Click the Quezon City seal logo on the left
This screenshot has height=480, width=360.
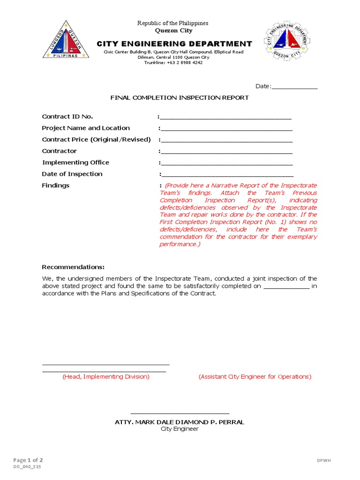pos(66,41)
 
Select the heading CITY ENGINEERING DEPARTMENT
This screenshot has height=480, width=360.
pos(174,44)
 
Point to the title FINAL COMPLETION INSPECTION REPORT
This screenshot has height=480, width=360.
pos(180,97)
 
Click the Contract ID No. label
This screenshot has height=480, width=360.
pos(67,117)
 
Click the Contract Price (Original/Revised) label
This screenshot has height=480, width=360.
pos(97,140)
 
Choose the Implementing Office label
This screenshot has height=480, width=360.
pos(75,163)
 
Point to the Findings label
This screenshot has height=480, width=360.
pos(55,186)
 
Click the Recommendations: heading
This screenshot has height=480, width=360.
pos(74,267)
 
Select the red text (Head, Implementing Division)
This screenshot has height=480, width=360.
pos(106,377)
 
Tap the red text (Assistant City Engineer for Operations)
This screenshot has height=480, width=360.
pos(255,377)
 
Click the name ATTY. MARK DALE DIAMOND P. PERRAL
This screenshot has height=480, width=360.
pos(180,422)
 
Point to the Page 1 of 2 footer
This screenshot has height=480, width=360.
pos(28,460)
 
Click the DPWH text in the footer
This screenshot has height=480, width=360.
pos(324,461)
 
